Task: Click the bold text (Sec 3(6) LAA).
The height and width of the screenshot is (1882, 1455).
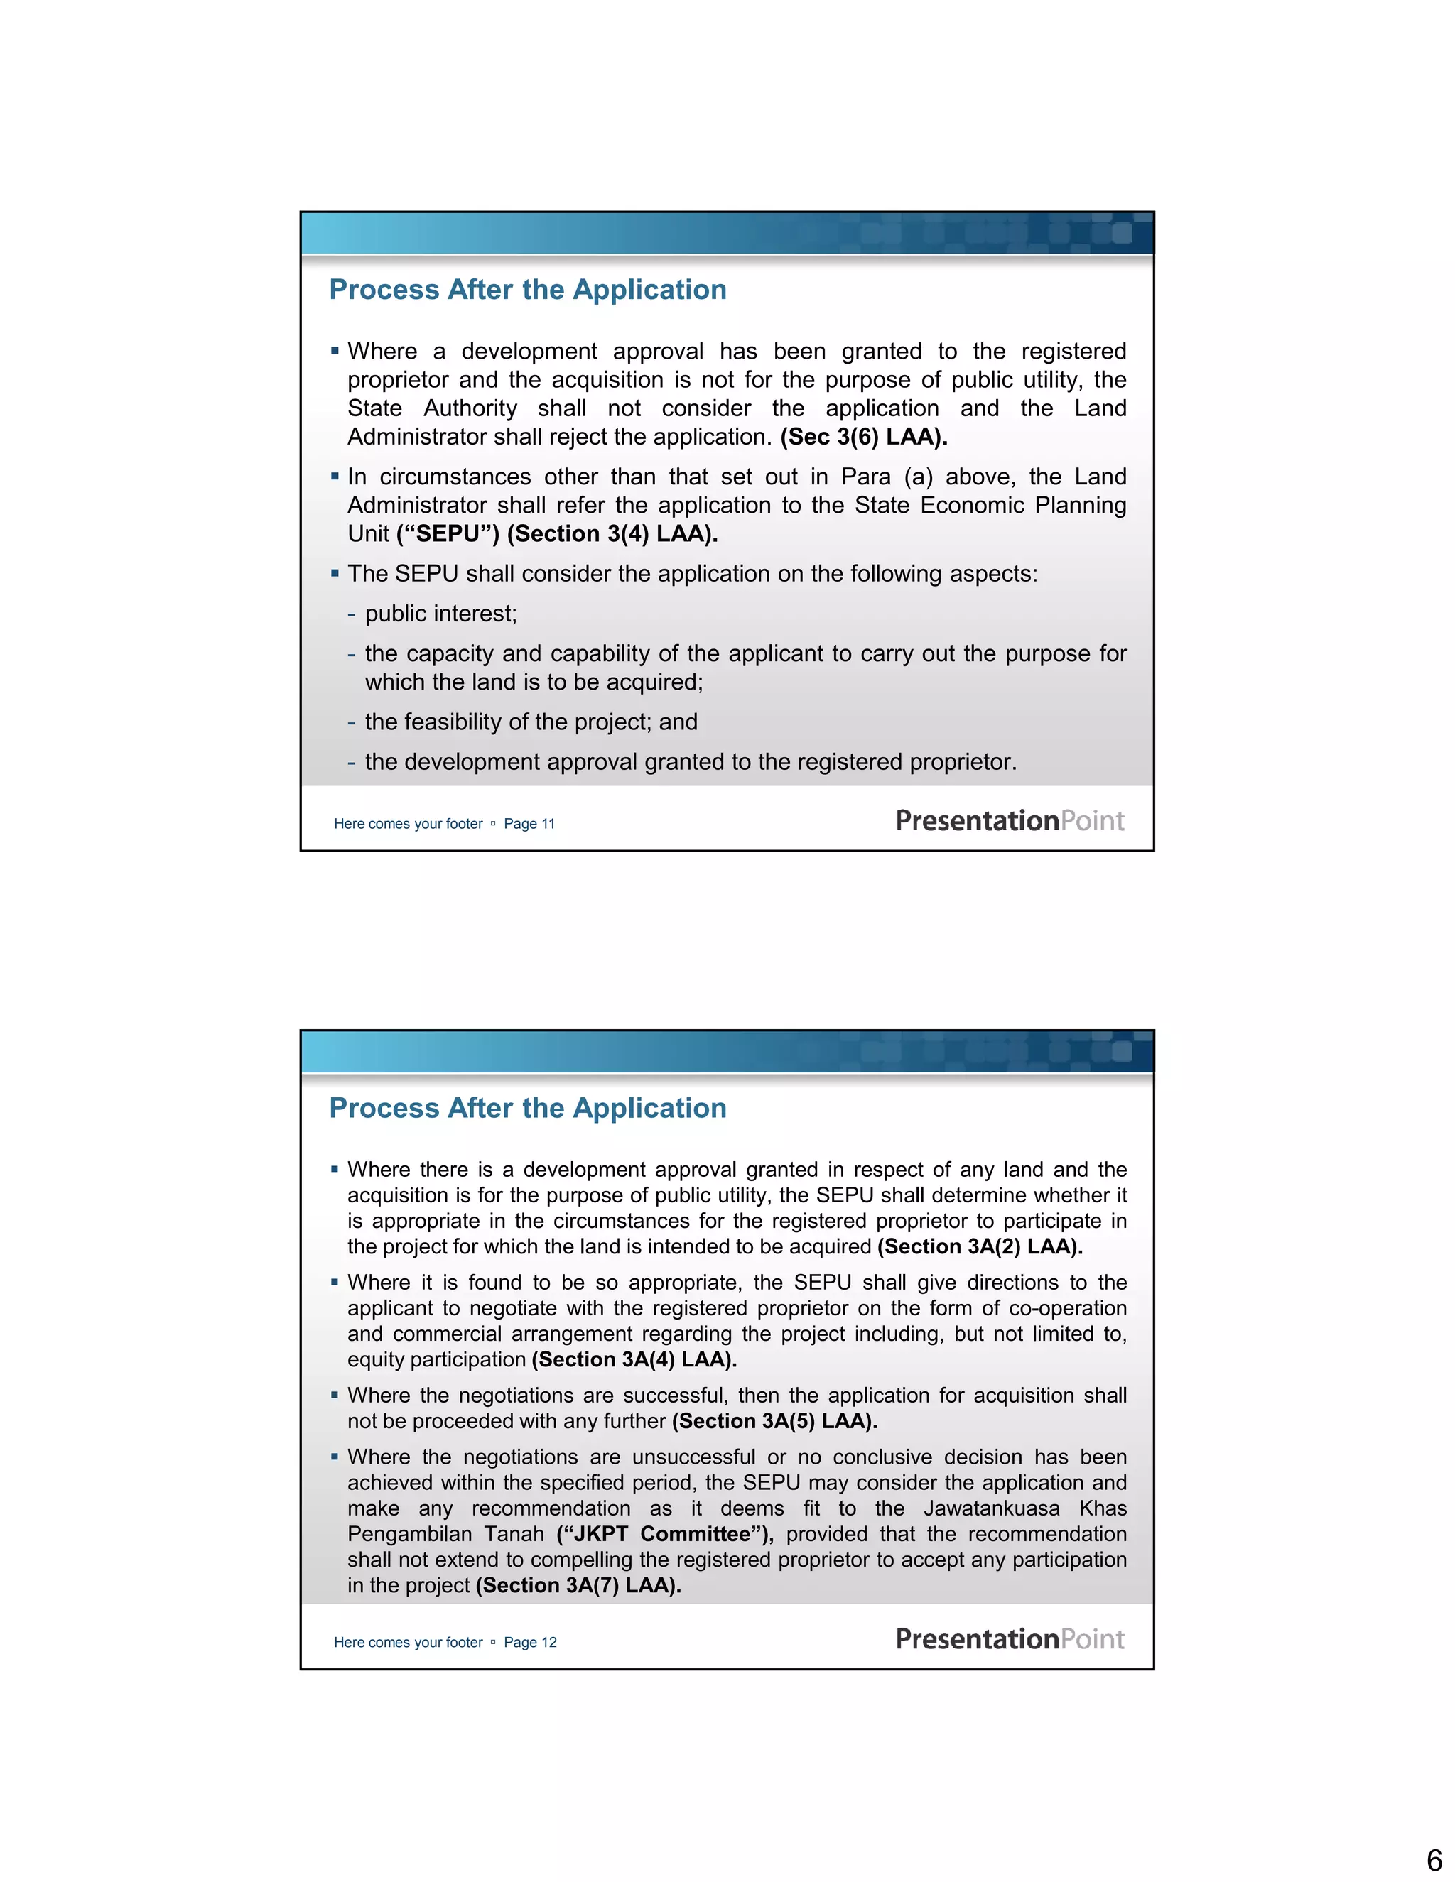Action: [x=864, y=437]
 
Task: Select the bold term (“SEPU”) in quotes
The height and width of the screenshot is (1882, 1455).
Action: [x=448, y=534]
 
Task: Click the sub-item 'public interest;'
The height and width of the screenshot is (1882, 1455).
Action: [x=440, y=614]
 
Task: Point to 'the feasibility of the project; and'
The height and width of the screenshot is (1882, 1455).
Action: [x=531, y=722]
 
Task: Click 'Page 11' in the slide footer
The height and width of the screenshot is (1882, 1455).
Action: [x=529, y=824]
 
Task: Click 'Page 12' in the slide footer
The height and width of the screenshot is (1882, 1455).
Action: [x=530, y=1643]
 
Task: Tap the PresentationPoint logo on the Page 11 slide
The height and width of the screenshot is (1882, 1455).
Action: [x=1010, y=820]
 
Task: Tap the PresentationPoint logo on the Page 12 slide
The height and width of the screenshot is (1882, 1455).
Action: [x=1010, y=1639]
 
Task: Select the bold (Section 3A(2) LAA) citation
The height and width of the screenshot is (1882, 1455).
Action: [x=980, y=1247]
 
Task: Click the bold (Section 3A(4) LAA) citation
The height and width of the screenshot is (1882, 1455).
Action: [x=634, y=1360]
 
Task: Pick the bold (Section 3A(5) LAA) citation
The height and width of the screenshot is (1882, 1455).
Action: [x=775, y=1421]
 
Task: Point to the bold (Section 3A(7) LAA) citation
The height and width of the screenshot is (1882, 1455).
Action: [x=578, y=1586]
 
